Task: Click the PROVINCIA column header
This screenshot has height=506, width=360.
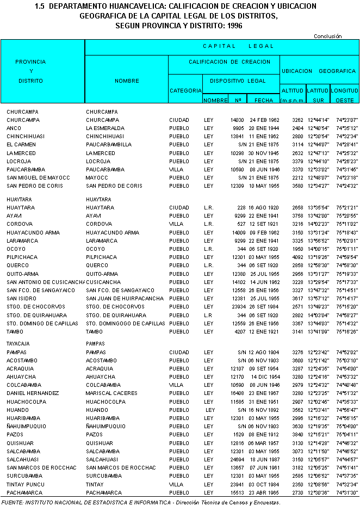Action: coord(30,62)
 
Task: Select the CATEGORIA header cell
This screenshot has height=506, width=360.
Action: coord(185,90)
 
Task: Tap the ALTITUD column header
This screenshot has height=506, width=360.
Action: coord(292,90)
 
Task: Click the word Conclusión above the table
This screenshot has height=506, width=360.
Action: coord(327,36)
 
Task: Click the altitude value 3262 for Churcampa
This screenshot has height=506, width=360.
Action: coord(297,120)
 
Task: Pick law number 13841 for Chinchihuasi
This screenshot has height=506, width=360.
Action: coord(237,137)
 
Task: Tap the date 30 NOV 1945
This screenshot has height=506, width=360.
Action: coord(264,153)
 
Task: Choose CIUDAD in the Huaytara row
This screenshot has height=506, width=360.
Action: coord(179,208)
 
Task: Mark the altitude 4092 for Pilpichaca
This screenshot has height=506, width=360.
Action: coord(297,257)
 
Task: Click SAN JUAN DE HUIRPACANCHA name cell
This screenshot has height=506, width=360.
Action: coord(125,298)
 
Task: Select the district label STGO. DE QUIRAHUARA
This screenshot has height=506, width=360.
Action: coord(36,315)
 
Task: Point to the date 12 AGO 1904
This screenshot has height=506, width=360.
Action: coord(264,352)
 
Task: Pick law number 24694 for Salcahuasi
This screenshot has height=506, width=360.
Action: coord(237,459)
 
